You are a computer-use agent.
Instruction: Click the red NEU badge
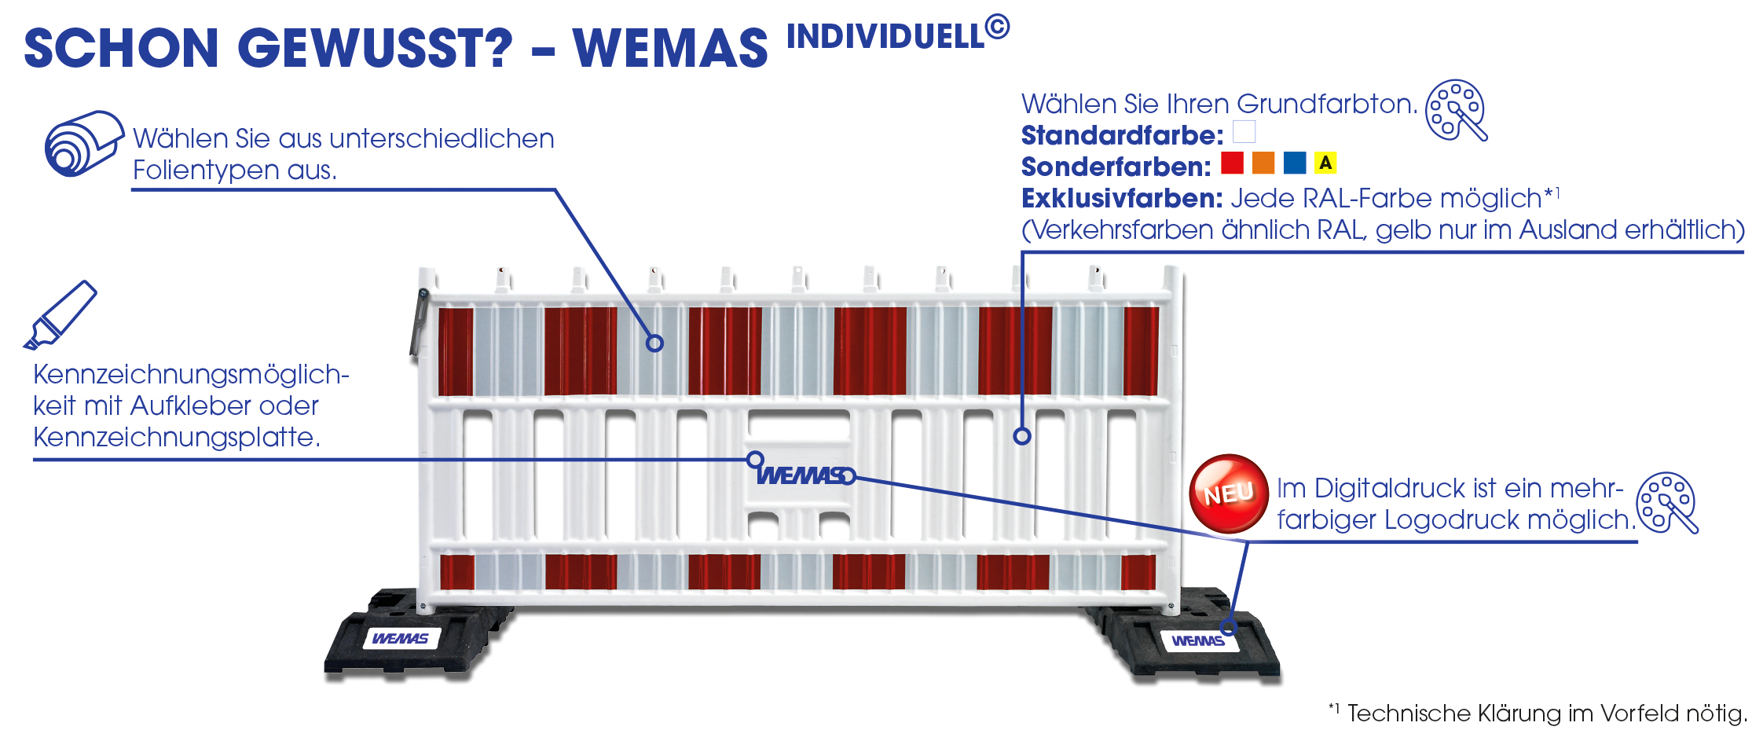pos(1229,493)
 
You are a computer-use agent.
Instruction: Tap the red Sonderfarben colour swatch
pos(1232,163)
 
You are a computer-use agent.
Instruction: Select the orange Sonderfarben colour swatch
pos(1263,163)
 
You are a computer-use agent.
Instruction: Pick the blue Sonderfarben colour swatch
pos(1295,163)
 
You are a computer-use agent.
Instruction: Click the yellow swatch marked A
pos(1325,163)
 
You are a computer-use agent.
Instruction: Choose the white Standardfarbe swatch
pos(1244,131)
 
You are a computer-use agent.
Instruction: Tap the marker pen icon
pos(60,315)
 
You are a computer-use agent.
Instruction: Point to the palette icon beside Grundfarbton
pos(1456,110)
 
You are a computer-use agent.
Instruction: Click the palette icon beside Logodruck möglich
pos(1666,503)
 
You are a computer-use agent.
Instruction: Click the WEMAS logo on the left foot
pos(401,638)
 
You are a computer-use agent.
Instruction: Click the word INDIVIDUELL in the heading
pos(885,37)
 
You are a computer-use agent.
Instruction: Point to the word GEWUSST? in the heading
pos(375,48)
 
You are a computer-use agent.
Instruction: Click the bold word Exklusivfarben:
pos(1122,198)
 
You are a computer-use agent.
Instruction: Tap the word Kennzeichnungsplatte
pos(176,437)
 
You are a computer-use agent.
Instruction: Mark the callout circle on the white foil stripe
pos(654,343)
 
